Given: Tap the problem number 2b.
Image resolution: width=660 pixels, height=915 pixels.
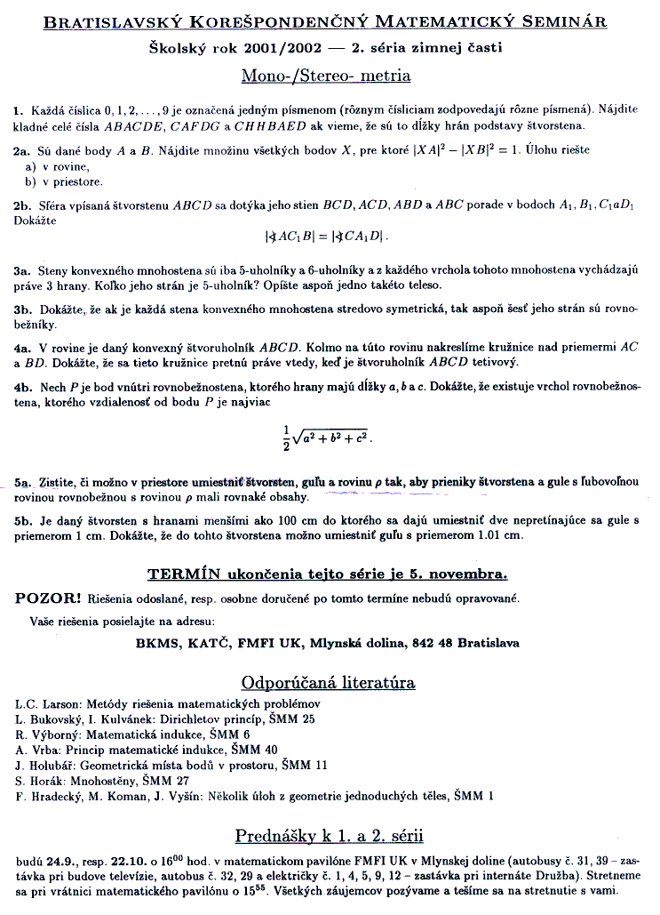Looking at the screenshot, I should [23, 206].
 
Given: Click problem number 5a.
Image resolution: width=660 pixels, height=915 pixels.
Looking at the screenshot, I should [24, 483].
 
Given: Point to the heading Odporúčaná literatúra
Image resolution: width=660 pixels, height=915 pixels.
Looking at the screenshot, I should [328, 683].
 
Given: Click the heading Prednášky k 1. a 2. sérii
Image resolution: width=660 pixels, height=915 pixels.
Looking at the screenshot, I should [329, 836].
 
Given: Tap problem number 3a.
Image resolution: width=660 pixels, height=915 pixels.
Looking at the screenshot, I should [23, 269].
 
